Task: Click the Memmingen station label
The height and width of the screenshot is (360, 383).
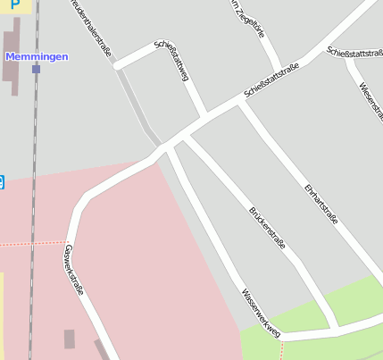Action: [36, 56]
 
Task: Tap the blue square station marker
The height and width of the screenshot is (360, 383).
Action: [36, 68]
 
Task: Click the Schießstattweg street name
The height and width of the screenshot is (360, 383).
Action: [172, 61]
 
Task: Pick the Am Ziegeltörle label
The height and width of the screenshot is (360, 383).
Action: [247, 18]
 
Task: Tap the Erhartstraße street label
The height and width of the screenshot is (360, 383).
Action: [321, 204]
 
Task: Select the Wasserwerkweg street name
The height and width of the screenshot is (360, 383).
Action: [261, 313]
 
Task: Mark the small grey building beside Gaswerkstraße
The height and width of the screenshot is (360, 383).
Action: [70, 339]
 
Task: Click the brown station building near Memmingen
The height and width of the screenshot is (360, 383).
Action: [12, 59]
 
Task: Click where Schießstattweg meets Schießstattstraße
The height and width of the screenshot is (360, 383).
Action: [204, 114]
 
